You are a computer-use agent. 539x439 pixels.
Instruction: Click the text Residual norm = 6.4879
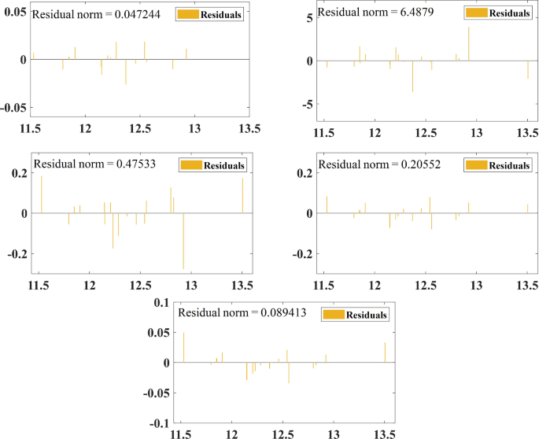pos(368,13)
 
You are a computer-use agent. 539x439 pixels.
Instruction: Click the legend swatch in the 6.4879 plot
pos(475,13)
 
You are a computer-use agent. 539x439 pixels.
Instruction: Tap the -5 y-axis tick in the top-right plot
pos(308,105)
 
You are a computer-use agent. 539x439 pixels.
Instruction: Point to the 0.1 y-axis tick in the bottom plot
pos(161,303)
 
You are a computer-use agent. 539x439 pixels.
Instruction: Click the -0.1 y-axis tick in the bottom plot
pos(159,423)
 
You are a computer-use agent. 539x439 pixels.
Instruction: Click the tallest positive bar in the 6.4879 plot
pos(469,44)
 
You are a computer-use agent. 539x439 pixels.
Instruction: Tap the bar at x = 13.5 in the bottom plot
pos(385,352)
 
